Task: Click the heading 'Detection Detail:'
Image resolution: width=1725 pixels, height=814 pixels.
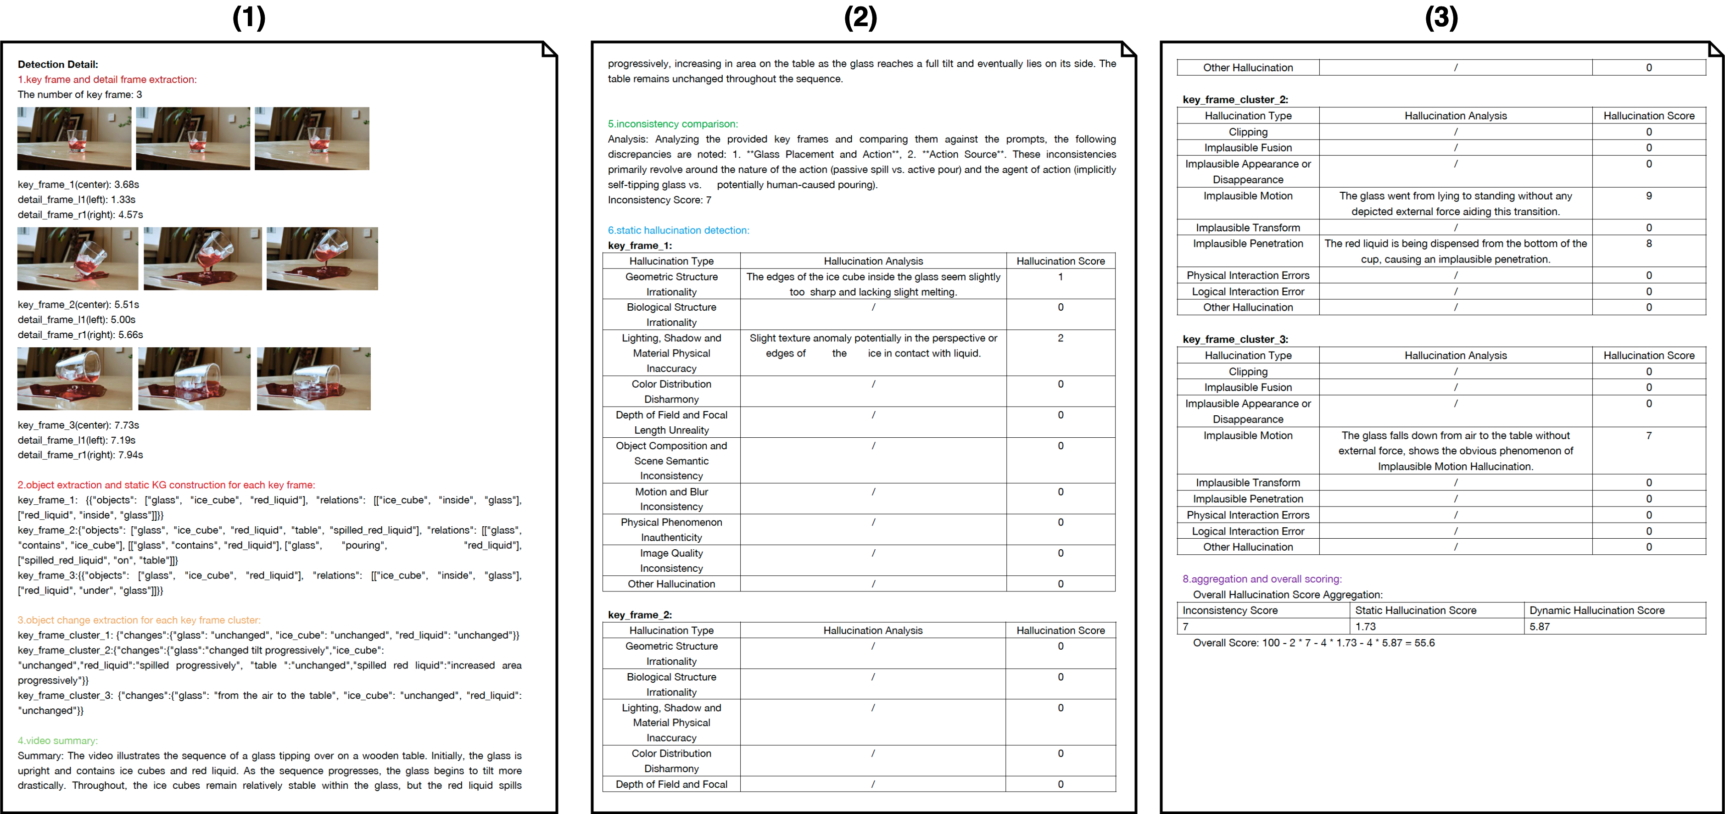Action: pos(57,64)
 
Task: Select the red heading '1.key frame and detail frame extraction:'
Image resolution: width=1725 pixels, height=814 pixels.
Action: pos(107,80)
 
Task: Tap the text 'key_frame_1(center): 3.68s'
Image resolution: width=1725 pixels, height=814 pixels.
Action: pos(78,184)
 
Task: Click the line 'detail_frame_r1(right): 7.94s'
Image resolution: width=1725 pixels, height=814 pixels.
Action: pos(80,455)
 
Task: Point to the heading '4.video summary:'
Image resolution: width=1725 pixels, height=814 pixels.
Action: pos(57,741)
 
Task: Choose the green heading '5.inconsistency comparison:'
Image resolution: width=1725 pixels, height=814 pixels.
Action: pos(672,124)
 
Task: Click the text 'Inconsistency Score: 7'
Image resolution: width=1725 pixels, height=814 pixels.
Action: pos(659,200)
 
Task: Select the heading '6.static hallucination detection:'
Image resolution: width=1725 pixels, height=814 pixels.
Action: pos(678,230)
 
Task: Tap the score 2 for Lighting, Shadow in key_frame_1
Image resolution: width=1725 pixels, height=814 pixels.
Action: pos(1060,338)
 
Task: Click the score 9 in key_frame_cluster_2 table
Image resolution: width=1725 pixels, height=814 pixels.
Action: pos(1649,196)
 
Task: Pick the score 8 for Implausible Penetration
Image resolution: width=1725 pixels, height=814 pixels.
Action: pos(1649,244)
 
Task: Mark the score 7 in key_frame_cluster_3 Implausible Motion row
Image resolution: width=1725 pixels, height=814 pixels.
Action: pos(1649,436)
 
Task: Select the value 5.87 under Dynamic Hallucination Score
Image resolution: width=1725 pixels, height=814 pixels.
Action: pos(1540,627)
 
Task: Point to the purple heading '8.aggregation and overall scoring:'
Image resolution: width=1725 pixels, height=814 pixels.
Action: pos(1262,579)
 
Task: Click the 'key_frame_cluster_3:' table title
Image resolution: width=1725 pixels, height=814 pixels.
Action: pos(1235,340)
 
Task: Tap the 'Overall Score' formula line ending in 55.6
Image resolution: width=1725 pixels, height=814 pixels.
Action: pos(1313,643)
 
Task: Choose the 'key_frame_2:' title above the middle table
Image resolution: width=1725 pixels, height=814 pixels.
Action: pos(640,614)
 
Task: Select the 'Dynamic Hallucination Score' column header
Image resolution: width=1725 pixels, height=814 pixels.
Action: pos(1597,610)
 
